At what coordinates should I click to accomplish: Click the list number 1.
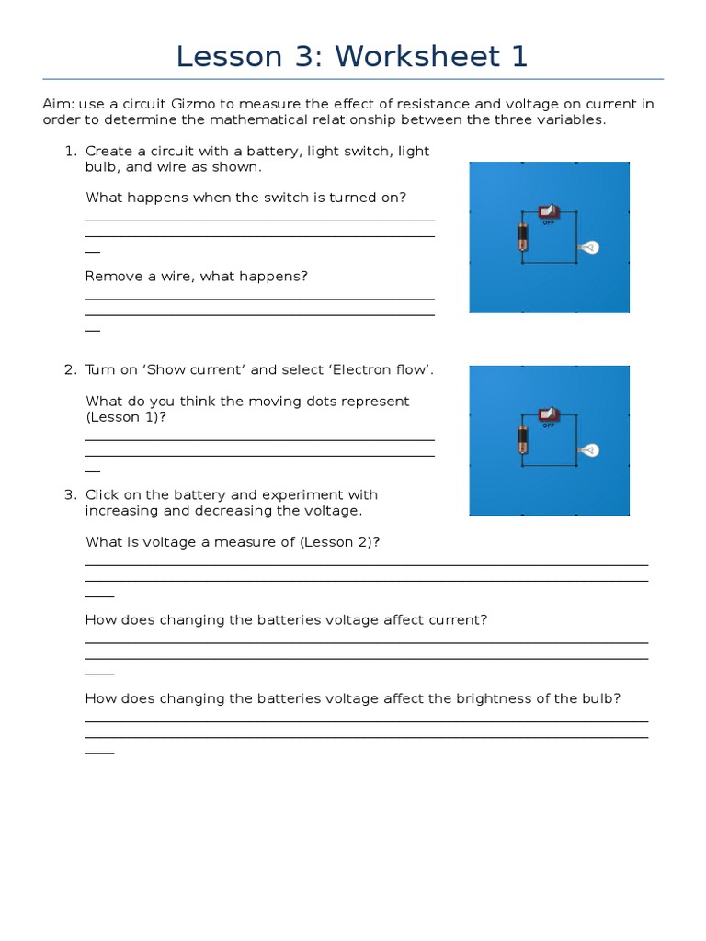70,151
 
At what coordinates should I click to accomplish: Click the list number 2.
70,369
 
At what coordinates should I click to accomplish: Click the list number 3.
70,494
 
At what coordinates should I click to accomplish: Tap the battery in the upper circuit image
522,238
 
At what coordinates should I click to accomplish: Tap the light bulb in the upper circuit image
588,246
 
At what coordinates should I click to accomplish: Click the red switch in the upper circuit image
549,212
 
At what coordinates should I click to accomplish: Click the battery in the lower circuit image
522,440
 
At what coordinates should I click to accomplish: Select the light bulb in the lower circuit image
588,449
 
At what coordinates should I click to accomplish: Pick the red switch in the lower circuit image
549,415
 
